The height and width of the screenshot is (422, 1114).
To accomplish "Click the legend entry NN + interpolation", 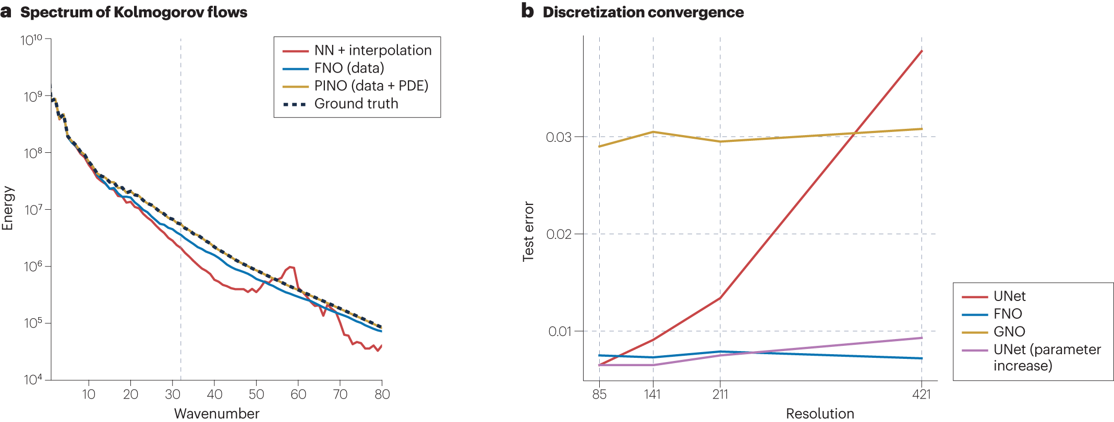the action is coord(357,50).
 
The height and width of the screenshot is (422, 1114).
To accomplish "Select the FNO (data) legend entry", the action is coord(333,68).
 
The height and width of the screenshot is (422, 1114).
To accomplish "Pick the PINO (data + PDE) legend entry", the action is coord(355,86).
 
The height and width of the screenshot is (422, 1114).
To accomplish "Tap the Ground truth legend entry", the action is coord(341,103).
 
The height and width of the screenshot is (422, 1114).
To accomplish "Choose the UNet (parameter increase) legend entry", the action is coord(1031,357).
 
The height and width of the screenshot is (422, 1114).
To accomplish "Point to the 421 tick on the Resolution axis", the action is coord(922,394).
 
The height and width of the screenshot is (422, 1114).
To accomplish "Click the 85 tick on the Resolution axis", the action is coord(599,394).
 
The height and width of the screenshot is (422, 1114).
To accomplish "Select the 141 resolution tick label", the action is coord(652,394).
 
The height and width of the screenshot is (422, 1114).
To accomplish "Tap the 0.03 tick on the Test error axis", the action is coord(559,137).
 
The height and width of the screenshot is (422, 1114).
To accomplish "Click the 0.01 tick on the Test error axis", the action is coord(560,331).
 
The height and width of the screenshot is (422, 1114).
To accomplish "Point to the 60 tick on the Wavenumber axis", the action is coord(298,394).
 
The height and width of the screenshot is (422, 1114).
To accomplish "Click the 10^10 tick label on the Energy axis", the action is coord(35,40).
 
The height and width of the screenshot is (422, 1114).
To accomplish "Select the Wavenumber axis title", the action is coord(216,414).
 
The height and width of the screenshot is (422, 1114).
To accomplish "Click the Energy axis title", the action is coord(7,208).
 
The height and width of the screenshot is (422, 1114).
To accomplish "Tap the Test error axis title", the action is coord(528,231).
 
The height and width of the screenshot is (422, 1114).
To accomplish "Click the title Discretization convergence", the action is coord(643,12).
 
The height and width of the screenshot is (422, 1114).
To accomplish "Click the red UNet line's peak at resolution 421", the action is coord(922,51).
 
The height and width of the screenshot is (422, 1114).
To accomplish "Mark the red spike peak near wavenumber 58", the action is coord(291,267).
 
